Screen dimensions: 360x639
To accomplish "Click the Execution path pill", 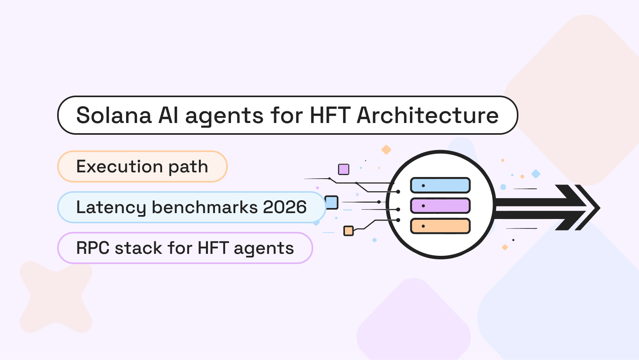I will tap(142, 166).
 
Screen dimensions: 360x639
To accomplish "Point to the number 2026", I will tap(285, 207).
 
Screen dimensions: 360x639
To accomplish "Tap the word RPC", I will tap(93, 248).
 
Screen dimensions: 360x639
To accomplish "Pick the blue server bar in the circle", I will tap(440, 185).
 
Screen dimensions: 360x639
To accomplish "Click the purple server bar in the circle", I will tap(440, 206).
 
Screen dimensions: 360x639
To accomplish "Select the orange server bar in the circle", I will tap(440, 226).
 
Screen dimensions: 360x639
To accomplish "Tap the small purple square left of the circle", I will tap(343, 169).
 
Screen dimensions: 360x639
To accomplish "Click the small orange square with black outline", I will tap(348, 231).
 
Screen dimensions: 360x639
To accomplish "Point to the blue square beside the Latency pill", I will tap(332, 203).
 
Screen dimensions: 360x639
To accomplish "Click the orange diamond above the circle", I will tap(386, 150).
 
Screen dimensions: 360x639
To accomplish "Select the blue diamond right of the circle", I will tap(536, 174).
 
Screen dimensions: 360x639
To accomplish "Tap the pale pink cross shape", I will tap(56, 297).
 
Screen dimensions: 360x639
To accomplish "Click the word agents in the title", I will tap(224, 116).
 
